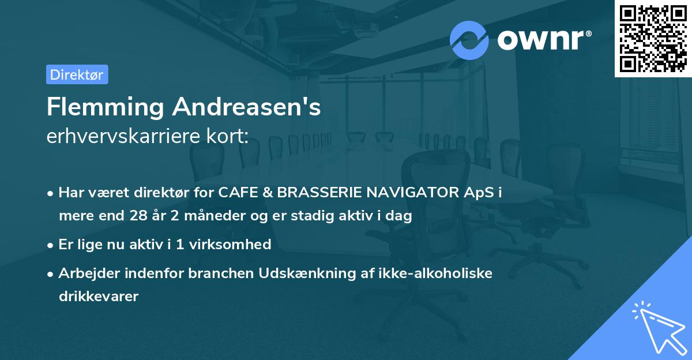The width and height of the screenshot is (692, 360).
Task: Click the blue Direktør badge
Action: (x=77, y=74)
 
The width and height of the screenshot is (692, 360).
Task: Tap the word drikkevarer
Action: (x=99, y=297)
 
